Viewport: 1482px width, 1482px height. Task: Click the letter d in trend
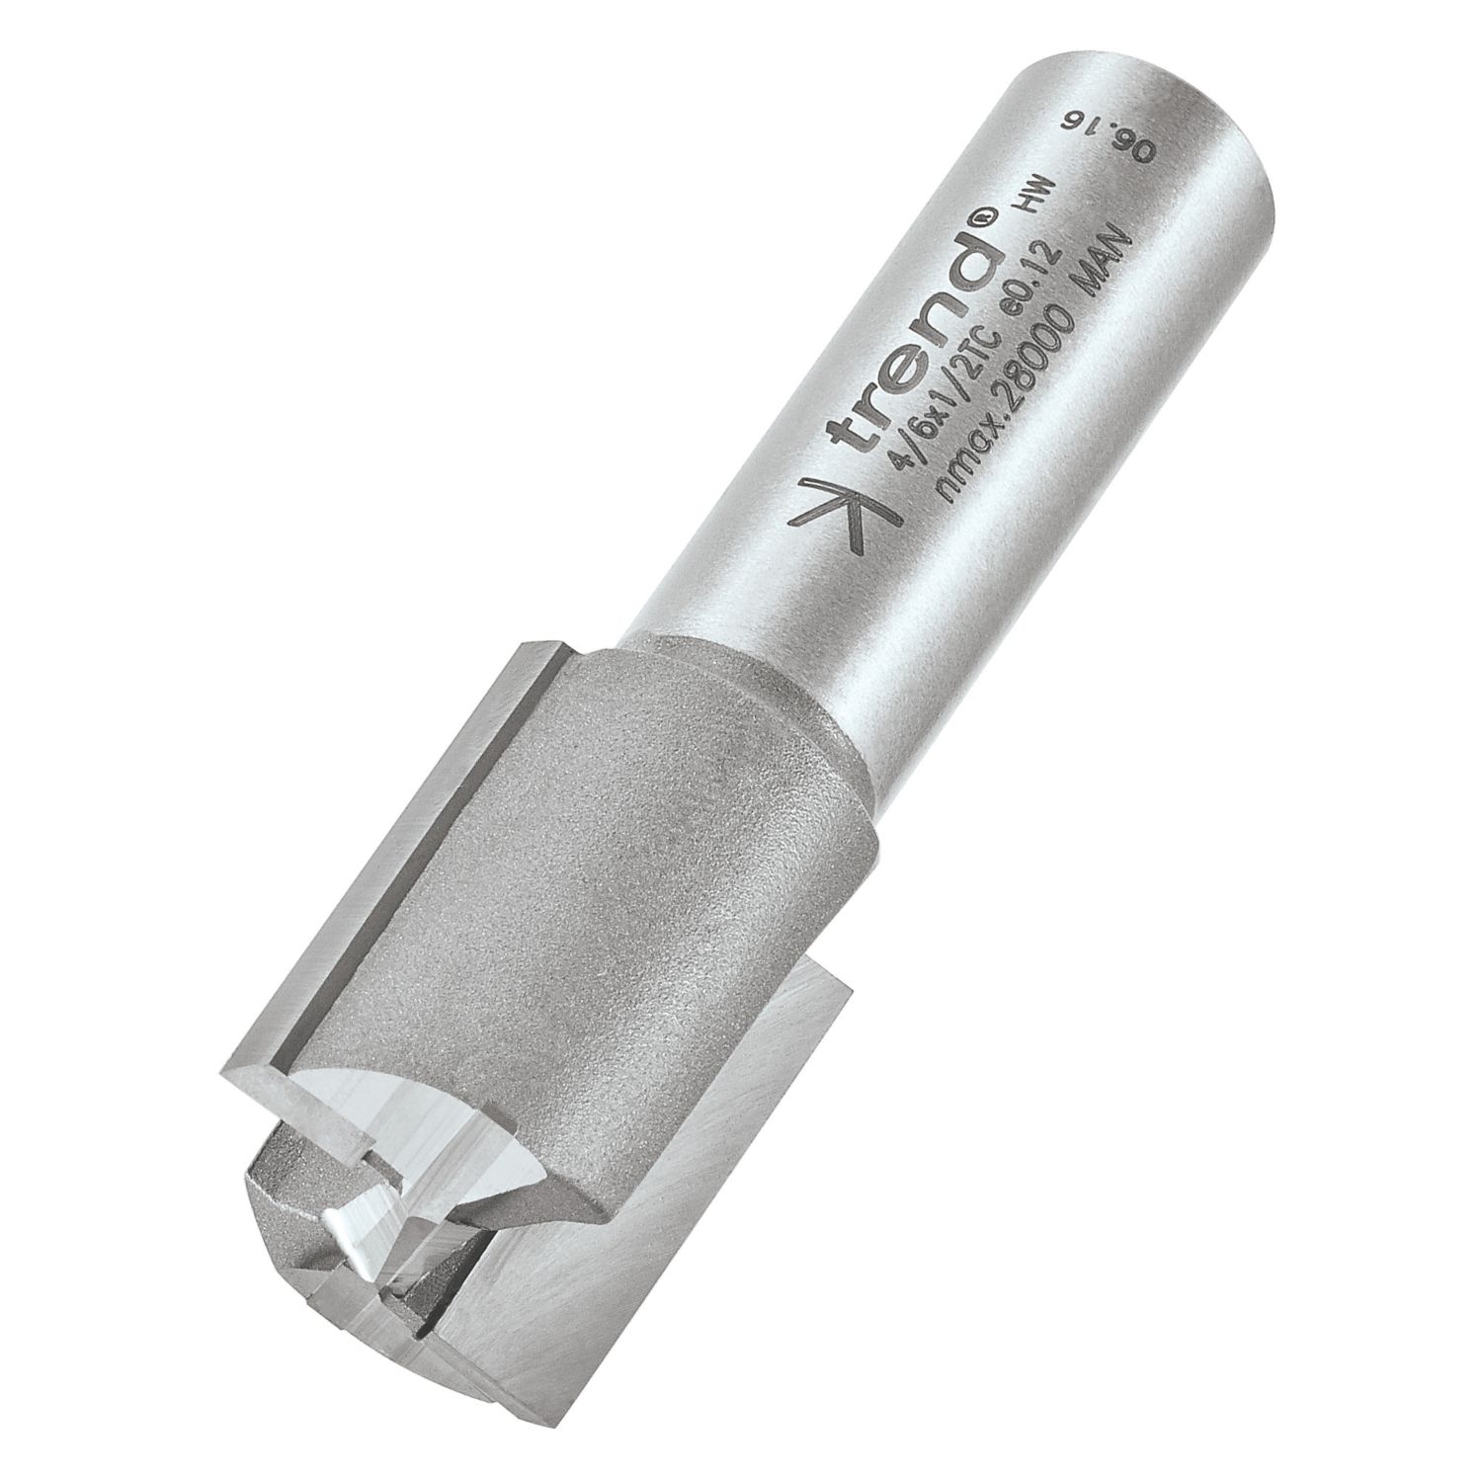963,257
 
